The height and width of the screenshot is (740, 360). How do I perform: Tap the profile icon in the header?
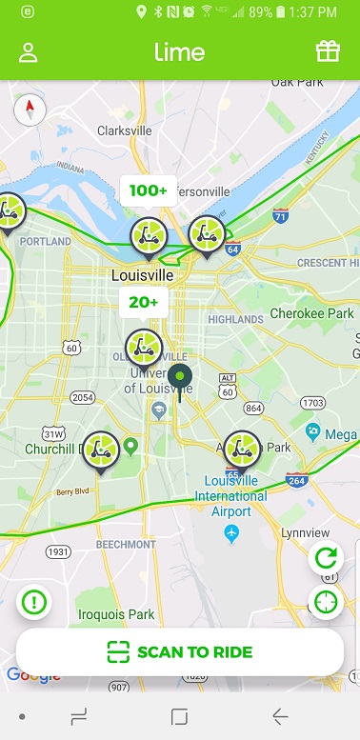coord(28,51)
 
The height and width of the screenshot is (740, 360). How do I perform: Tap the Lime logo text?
coord(179,51)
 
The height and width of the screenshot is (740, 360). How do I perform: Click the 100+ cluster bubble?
coord(148,190)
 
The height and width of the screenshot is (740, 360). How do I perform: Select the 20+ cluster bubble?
coord(144,302)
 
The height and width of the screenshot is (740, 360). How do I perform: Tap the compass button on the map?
coord(30,110)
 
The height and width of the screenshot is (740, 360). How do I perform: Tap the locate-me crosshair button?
coord(326,602)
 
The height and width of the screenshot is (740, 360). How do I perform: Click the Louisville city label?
coord(143,275)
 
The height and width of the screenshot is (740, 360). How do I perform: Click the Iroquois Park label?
coord(116,615)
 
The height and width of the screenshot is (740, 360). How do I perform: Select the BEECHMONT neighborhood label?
coord(126,545)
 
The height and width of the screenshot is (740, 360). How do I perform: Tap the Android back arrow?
coord(280,716)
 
